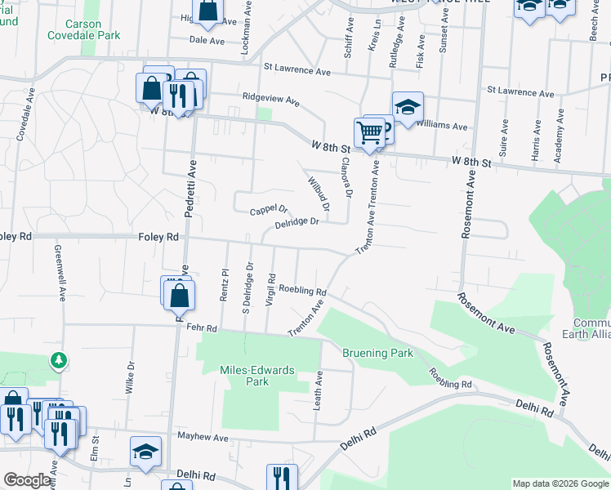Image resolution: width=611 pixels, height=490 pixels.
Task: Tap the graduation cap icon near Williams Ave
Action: pyautogui.click(x=408, y=108)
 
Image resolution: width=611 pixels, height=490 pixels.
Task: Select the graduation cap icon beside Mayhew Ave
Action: pyautogui.click(x=145, y=452)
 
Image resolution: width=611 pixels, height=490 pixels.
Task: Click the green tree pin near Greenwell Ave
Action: pyautogui.click(x=58, y=359)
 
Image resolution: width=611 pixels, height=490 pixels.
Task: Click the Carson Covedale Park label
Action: pyautogui.click(x=83, y=29)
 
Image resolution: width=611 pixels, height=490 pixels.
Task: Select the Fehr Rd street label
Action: pyautogui.click(x=200, y=327)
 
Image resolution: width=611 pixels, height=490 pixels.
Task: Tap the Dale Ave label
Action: pyautogui.click(x=207, y=39)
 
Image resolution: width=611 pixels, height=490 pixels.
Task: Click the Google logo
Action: pyautogui.click(x=27, y=480)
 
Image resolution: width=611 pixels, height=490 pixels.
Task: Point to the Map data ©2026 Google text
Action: pyautogui.click(x=560, y=483)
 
